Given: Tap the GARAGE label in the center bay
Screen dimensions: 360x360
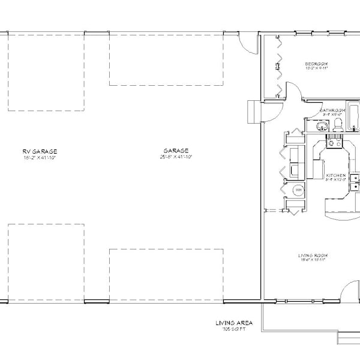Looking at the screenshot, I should point(175,151).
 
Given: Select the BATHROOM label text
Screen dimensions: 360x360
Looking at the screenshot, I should point(332,110).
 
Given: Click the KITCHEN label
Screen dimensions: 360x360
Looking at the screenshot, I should point(335,176).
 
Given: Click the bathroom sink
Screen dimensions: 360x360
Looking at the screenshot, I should point(320,125).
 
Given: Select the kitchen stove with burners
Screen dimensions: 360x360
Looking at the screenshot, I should point(334,143).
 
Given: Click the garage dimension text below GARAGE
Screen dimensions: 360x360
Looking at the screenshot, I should point(175,157).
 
